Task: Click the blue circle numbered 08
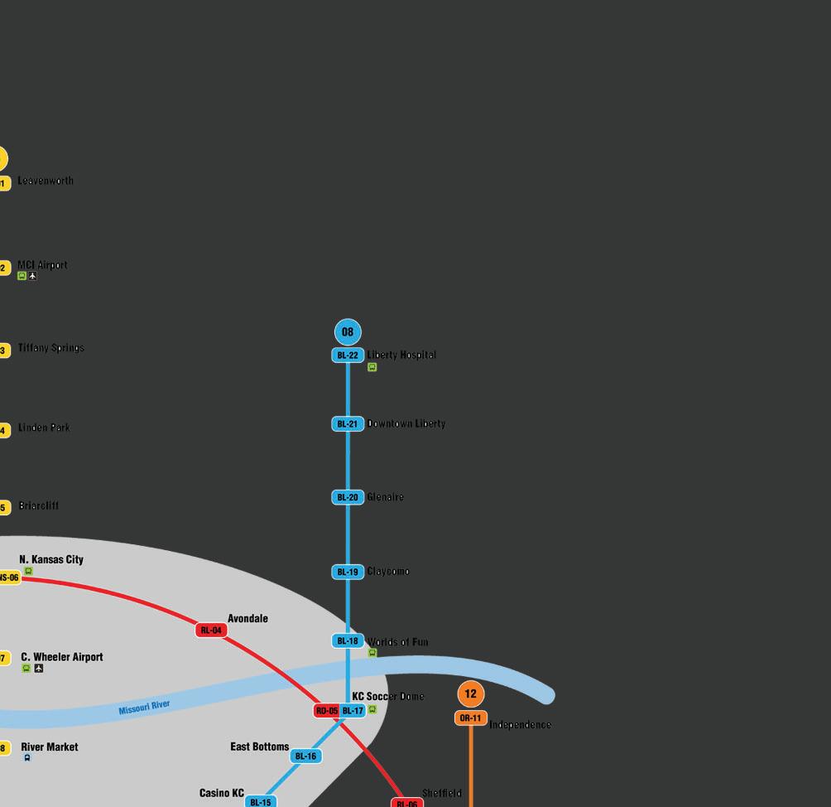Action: click(x=348, y=332)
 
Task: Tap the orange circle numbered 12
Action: click(x=470, y=694)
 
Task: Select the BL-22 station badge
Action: click(x=348, y=355)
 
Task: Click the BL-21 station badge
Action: click(x=348, y=424)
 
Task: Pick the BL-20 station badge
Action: click(x=348, y=497)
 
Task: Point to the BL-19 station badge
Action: click(x=348, y=572)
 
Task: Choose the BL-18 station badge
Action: click(x=348, y=640)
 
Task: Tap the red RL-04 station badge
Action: click(x=211, y=631)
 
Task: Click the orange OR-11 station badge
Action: click(x=470, y=718)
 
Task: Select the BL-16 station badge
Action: click(x=305, y=756)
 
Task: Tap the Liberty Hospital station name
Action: click(x=401, y=355)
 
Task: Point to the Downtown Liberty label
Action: click(x=406, y=423)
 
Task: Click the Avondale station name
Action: click(x=247, y=618)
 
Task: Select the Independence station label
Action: click(x=520, y=725)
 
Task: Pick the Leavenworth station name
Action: click(x=46, y=181)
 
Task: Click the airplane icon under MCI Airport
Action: click(x=33, y=276)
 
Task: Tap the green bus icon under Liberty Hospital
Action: click(x=372, y=367)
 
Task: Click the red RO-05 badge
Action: click(x=327, y=711)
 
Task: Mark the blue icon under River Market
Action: click(x=27, y=758)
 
